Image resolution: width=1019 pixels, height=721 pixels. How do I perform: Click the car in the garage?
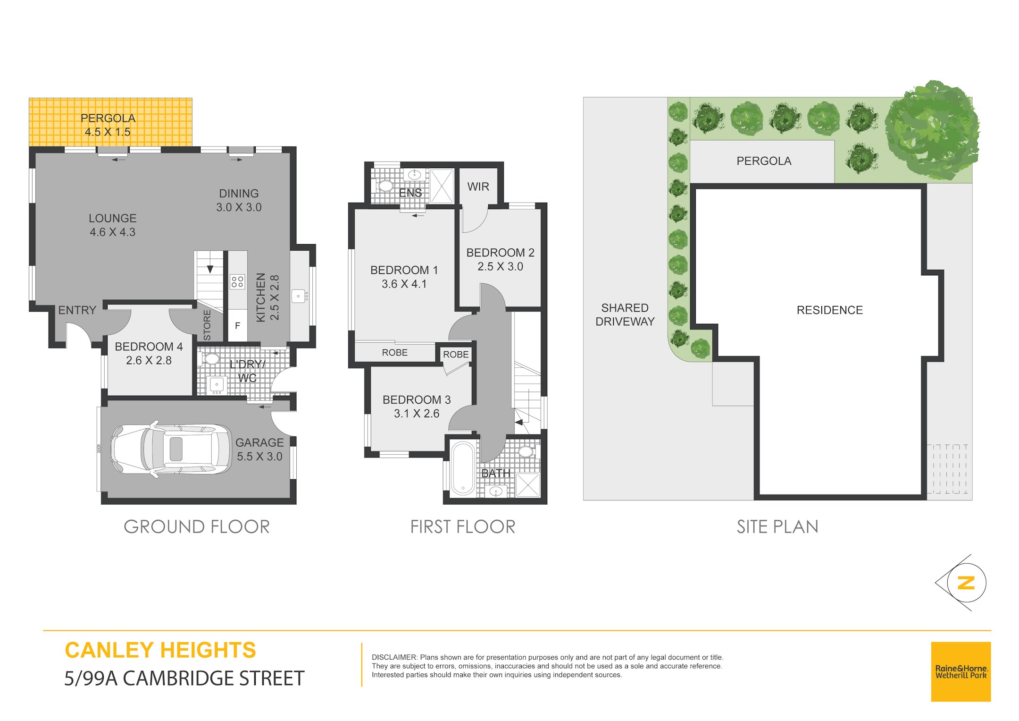(x=171, y=449)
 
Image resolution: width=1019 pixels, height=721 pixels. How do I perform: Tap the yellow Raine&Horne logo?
(x=961, y=671)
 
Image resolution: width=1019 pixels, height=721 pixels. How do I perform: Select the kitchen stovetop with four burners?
(x=237, y=282)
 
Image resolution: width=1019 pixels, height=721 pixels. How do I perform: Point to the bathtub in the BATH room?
(x=463, y=468)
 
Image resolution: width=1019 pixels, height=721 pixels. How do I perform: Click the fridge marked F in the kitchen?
(x=237, y=325)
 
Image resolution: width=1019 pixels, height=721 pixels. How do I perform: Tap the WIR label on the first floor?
(x=478, y=187)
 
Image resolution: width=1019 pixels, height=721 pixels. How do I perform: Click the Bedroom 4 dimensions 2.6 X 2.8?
(x=149, y=360)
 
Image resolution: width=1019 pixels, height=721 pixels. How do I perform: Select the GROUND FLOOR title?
(x=197, y=526)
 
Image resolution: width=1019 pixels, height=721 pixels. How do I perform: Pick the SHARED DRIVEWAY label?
(x=625, y=314)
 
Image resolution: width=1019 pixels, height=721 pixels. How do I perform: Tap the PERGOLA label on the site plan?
(x=764, y=161)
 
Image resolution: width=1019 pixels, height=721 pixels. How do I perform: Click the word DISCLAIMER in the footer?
(x=394, y=657)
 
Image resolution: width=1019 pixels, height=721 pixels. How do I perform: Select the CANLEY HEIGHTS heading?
(x=160, y=650)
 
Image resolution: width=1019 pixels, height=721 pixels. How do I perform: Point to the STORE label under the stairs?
(x=207, y=325)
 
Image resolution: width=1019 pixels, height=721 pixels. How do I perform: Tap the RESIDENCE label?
(x=829, y=310)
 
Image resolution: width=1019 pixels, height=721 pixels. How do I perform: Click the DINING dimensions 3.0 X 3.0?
(x=239, y=207)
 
